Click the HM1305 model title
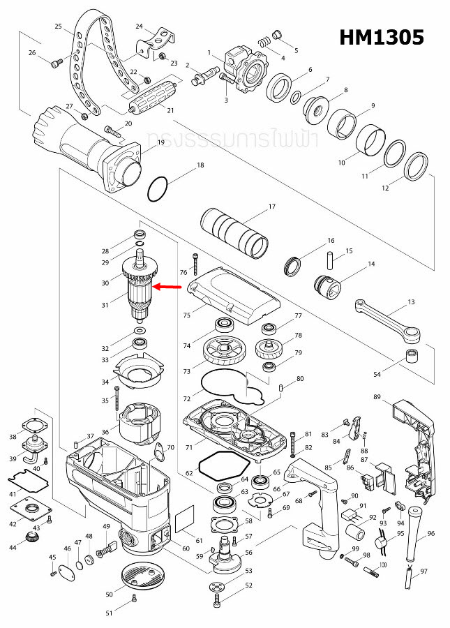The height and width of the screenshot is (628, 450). (382, 37)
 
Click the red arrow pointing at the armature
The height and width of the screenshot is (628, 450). (167, 286)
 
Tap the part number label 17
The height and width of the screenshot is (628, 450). (272, 207)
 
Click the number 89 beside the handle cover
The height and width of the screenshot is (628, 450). (377, 397)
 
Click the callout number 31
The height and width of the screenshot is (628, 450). (105, 305)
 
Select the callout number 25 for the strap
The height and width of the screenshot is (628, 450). (58, 26)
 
